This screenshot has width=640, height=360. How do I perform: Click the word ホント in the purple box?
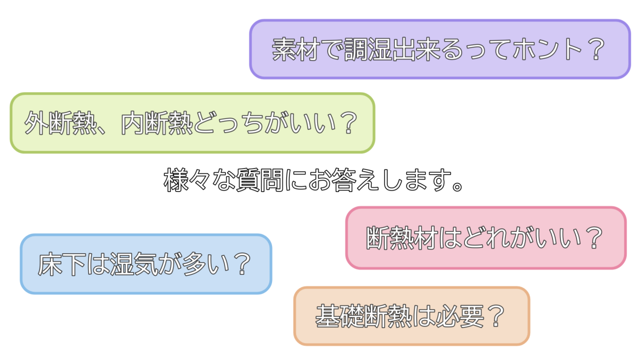547,50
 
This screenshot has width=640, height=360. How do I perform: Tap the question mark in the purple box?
596,50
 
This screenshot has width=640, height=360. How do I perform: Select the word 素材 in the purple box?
295,50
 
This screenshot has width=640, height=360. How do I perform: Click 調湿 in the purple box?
367,50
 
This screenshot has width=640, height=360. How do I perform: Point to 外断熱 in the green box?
60,123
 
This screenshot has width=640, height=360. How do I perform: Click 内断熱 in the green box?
157,123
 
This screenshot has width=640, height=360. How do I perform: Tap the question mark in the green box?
349,123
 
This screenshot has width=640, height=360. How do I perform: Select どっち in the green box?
229,123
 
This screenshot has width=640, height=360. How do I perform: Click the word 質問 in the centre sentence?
260,180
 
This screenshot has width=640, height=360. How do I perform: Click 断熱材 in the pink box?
402,238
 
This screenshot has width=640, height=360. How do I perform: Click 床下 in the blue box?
62,265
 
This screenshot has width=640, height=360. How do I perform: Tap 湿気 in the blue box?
134,265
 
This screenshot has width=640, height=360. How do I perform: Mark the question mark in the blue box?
243,265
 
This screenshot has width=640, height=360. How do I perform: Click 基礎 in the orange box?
340,316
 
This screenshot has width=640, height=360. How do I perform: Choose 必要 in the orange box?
460,316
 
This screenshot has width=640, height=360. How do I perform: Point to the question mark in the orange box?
495,316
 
